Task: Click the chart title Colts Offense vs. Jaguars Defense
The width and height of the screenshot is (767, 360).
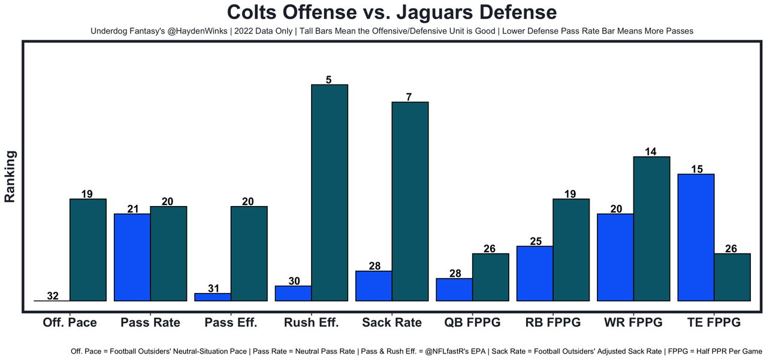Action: point(392,13)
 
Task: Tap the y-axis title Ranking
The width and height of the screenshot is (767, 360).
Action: point(10,176)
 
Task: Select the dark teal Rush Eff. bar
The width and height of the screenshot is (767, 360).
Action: point(330,192)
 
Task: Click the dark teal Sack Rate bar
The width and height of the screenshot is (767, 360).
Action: point(410,201)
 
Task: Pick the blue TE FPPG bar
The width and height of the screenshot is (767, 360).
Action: point(696,237)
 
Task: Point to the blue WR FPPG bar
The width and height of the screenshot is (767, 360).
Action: point(615,257)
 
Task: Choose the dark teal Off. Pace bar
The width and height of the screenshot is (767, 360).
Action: point(88,250)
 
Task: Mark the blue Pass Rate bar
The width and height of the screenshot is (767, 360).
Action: point(132,257)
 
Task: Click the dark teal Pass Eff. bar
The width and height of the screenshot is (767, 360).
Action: point(249,253)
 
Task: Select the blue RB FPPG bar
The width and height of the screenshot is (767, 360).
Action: point(535,273)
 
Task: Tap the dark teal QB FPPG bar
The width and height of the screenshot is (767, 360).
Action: point(490,277)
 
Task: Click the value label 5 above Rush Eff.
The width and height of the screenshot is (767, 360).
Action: point(329,79)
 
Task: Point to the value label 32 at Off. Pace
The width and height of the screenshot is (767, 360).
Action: point(53,296)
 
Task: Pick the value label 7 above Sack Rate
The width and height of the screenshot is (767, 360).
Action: point(409,96)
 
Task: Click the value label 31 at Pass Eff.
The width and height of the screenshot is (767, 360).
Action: point(213,288)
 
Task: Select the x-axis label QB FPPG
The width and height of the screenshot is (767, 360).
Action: point(472,322)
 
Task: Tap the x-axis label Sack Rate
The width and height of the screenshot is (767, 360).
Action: point(392,322)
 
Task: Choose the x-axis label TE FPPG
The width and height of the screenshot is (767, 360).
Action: point(713,322)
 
